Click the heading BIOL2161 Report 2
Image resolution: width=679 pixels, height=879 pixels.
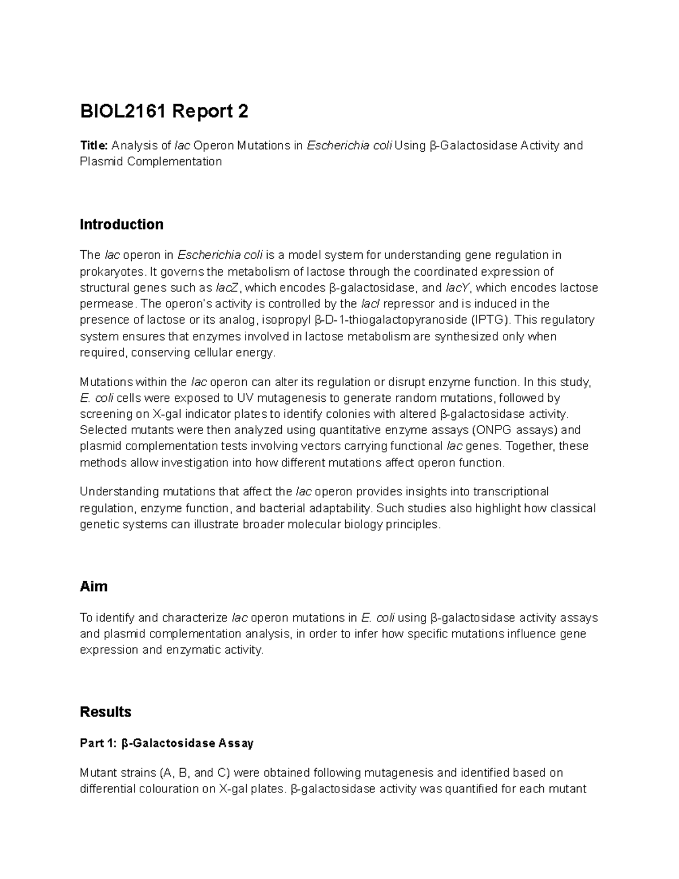click(x=164, y=112)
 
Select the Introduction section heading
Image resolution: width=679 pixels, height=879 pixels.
click(x=122, y=225)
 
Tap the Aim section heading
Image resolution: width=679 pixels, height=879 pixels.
click(x=94, y=586)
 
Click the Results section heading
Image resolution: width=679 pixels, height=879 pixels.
click(x=106, y=712)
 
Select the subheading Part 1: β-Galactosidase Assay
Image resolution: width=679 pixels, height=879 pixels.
click(x=167, y=743)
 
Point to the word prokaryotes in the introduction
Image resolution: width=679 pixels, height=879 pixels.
click(x=110, y=272)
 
